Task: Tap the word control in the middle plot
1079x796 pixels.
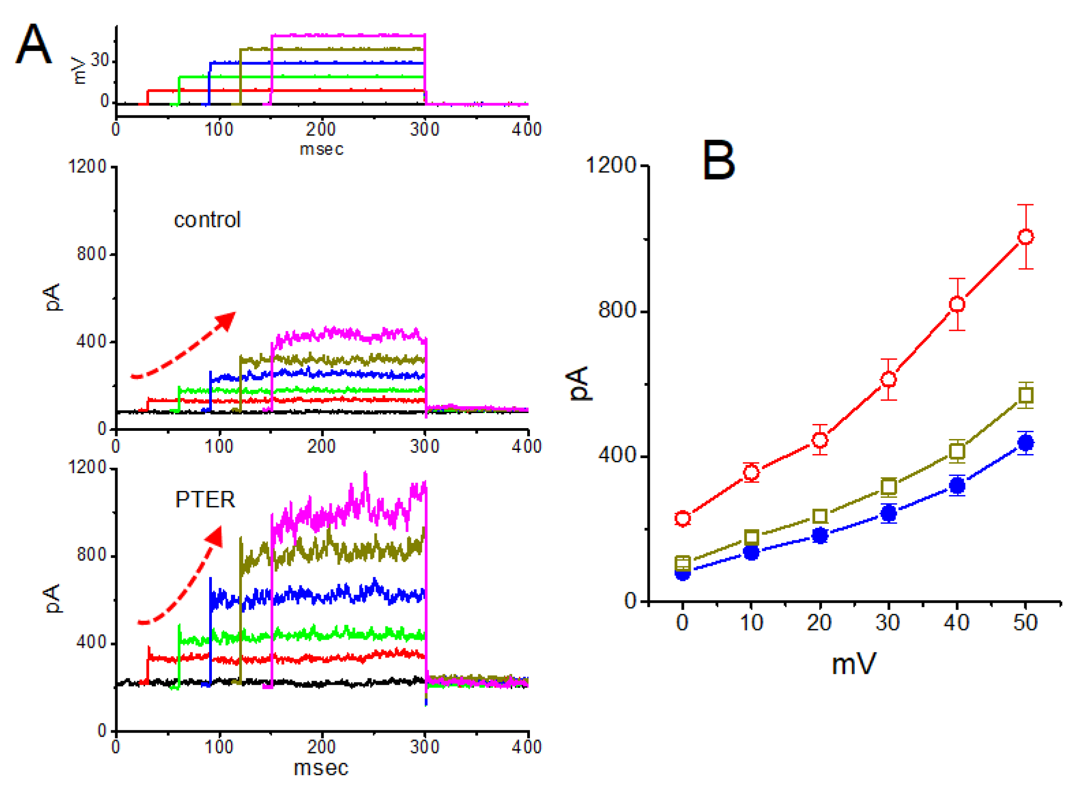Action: click(x=207, y=220)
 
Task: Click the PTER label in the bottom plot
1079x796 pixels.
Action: click(x=205, y=500)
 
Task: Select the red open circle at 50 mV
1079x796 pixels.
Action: click(x=1026, y=237)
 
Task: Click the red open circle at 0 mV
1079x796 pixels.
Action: click(x=682, y=518)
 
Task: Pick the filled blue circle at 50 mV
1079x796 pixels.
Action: click(x=1026, y=443)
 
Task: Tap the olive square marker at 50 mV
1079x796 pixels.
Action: click(x=1026, y=396)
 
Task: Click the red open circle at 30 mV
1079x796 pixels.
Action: click(x=889, y=379)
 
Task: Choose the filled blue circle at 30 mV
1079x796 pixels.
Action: click(x=889, y=514)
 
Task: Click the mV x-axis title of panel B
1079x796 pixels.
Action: click(x=853, y=664)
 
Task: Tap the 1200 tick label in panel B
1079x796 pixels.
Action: click(x=611, y=165)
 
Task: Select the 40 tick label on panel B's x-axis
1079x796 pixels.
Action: click(x=956, y=623)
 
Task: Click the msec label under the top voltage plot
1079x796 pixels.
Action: click(x=322, y=150)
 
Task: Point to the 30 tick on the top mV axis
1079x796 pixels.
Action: click(x=100, y=61)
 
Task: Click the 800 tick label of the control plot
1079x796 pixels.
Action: click(x=92, y=254)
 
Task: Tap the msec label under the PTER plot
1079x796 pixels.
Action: click(x=321, y=768)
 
